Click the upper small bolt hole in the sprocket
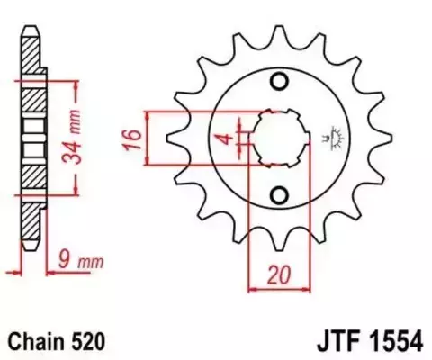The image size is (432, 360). pos(279,84)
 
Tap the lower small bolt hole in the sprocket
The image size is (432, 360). pos(279,194)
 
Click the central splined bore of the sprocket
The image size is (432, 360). pos(279,139)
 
